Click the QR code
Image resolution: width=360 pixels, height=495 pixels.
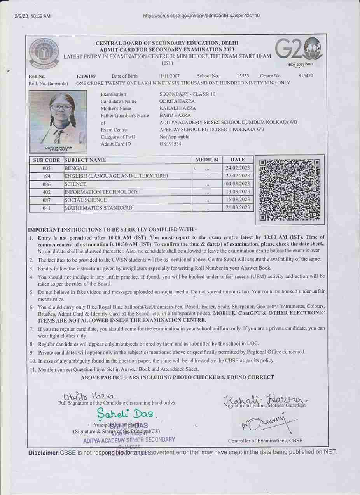click(x=289, y=190)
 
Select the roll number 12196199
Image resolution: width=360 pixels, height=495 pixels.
click(x=86, y=76)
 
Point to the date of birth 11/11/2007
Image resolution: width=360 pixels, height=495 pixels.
click(x=169, y=76)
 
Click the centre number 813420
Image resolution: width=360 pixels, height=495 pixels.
click(x=306, y=76)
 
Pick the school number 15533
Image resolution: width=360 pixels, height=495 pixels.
click(x=243, y=76)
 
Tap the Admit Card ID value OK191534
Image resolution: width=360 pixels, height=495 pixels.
click(x=170, y=144)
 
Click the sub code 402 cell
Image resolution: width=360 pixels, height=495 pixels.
click(x=46, y=192)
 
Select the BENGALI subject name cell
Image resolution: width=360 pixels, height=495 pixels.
click(x=77, y=168)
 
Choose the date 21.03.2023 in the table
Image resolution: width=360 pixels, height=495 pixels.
click(x=238, y=208)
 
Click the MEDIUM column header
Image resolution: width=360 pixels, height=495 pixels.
click(x=207, y=160)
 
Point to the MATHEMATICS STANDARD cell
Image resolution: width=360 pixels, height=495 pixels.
click(x=98, y=208)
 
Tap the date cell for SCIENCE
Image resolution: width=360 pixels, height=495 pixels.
click(x=238, y=184)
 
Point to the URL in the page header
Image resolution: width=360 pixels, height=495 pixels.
click(x=201, y=16)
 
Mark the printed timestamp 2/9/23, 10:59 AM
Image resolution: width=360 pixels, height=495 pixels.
click(x=33, y=16)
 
